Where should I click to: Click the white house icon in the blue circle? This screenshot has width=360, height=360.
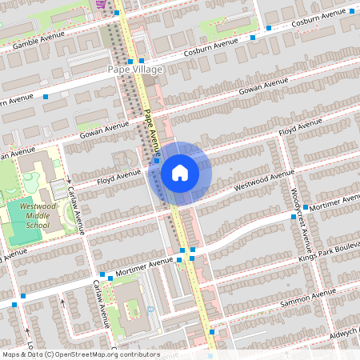pyautogui.click(x=180, y=171)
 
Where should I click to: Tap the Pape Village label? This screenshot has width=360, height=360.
pyautogui.click(x=135, y=70)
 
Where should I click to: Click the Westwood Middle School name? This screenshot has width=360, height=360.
pyautogui.click(x=33, y=215)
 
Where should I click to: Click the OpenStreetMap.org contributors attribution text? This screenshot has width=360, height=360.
pyautogui.click(x=102, y=354)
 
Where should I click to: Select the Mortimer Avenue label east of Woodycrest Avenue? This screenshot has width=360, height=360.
pyautogui.click(x=335, y=201)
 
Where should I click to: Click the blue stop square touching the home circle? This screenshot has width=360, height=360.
pyautogui.click(x=157, y=160)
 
